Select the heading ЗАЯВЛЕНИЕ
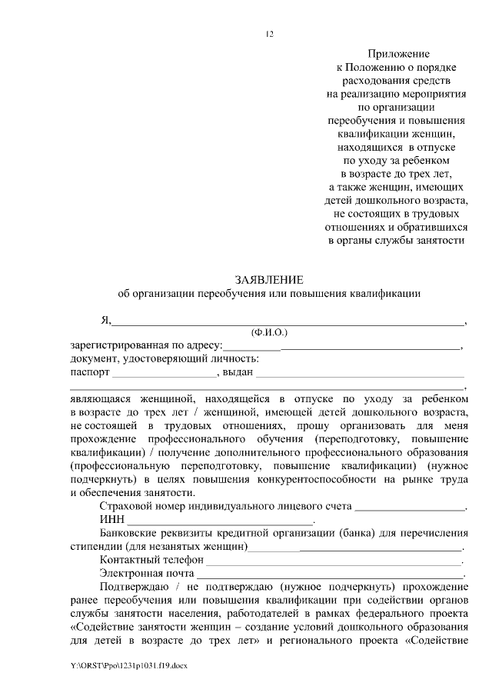tap(269, 280)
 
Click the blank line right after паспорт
tap(165, 375)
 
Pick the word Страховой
tap(125, 507)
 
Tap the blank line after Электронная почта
tap(331, 576)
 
